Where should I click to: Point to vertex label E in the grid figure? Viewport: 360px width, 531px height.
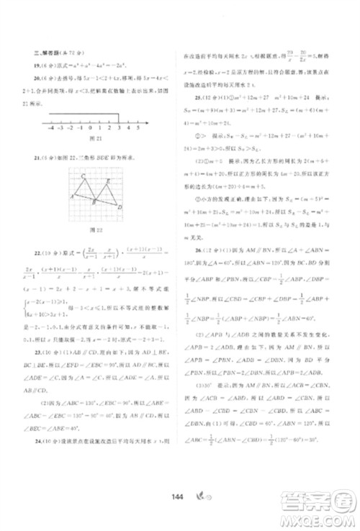pyautogui.click(x=108, y=181)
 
